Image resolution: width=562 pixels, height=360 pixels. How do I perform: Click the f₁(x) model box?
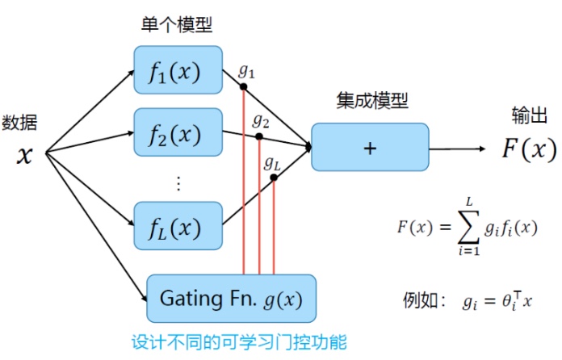(x=178, y=70)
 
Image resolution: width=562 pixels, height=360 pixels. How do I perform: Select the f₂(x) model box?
(x=178, y=132)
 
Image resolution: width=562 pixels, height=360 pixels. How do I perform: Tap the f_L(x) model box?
(x=178, y=226)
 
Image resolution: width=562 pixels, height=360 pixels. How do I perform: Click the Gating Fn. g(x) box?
(x=231, y=299)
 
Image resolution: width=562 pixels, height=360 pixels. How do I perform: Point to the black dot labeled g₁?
(x=244, y=86)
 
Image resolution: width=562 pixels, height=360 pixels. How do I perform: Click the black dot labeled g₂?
(x=259, y=136)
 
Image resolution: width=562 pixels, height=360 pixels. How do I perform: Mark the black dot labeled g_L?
(x=275, y=178)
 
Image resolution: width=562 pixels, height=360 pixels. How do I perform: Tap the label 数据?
(x=19, y=123)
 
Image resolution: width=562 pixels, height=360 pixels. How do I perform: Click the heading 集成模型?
(x=372, y=102)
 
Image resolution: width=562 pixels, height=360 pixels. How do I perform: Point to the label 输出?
(x=530, y=116)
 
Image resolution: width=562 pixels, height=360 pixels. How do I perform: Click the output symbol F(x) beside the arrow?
(x=529, y=149)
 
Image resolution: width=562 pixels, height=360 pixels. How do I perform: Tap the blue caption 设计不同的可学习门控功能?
(x=239, y=342)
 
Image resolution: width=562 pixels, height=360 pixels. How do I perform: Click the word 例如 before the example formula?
(x=420, y=302)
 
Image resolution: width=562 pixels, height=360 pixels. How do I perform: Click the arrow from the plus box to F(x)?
(x=456, y=149)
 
